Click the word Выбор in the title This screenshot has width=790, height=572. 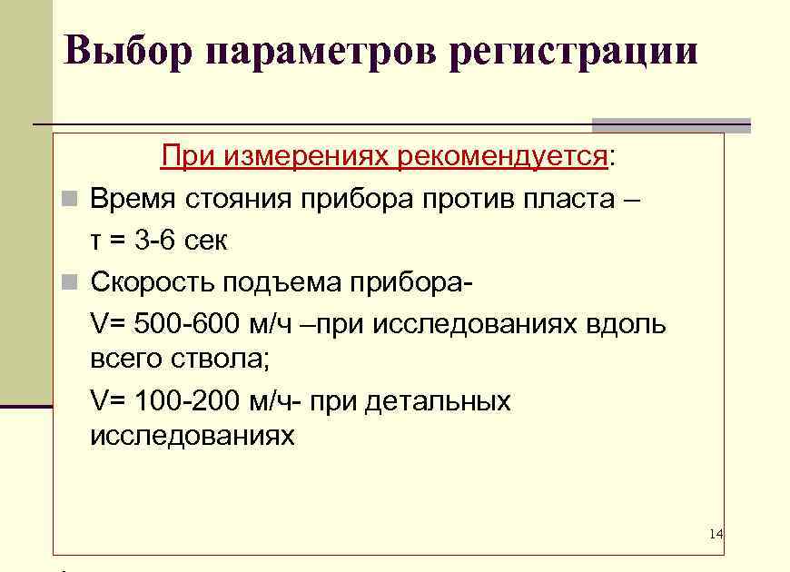128,51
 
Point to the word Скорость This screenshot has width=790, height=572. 150,282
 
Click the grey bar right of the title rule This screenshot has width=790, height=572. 671,125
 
